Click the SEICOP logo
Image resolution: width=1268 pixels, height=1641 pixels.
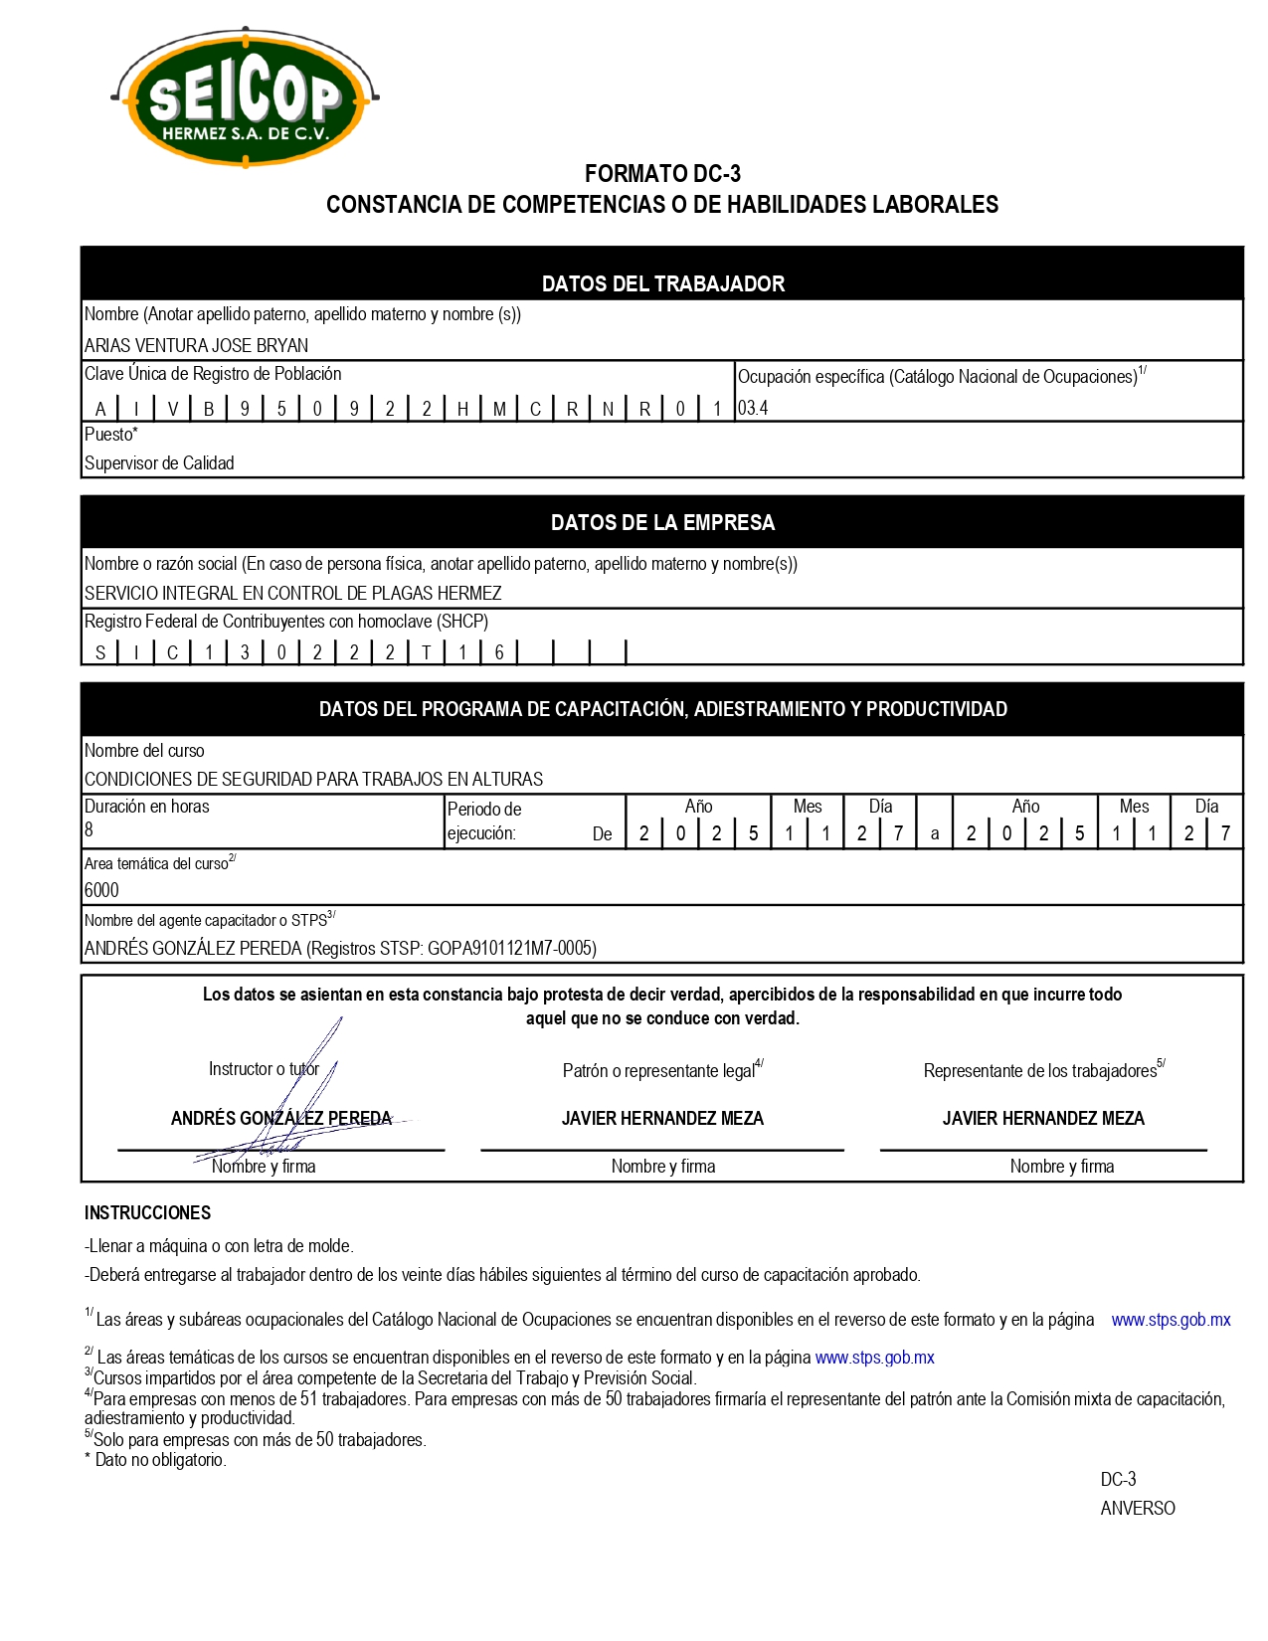coord(245,97)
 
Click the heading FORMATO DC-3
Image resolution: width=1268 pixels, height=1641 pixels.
coord(662,174)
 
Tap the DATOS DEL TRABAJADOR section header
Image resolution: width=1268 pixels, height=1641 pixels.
coord(662,283)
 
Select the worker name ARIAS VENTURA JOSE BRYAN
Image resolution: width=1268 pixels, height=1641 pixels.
coord(196,345)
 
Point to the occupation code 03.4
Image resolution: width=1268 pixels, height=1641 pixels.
coord(753,408)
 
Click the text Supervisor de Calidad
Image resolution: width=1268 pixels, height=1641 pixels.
coord(159,463)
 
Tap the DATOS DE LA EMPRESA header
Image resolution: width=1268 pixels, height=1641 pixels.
coord(662,522)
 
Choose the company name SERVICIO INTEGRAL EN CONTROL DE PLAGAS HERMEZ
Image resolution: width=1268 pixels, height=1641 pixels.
coord(292,593)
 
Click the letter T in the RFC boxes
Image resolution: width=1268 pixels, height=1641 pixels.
coord(427,652)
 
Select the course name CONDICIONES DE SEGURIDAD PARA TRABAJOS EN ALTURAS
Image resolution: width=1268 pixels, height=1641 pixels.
coord(313,779)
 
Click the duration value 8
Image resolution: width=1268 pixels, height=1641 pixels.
coord(90,829)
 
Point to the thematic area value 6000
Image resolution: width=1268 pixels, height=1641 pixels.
coord(101,890)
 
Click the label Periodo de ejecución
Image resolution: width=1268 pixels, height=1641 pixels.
coord(484,821)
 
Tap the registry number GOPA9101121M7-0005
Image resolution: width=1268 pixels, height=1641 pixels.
coord(509,948)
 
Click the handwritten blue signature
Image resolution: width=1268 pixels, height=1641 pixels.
coord(298,1094)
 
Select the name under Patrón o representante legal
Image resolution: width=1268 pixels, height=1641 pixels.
coord(662,1118)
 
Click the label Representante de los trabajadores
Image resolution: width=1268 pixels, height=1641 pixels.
coord(1040,1071)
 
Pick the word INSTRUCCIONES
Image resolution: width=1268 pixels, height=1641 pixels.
coord(147,1212)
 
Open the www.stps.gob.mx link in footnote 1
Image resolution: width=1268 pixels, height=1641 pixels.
coord(1171,1320)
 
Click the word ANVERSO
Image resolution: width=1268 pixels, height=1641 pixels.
coord(1138,1508)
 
